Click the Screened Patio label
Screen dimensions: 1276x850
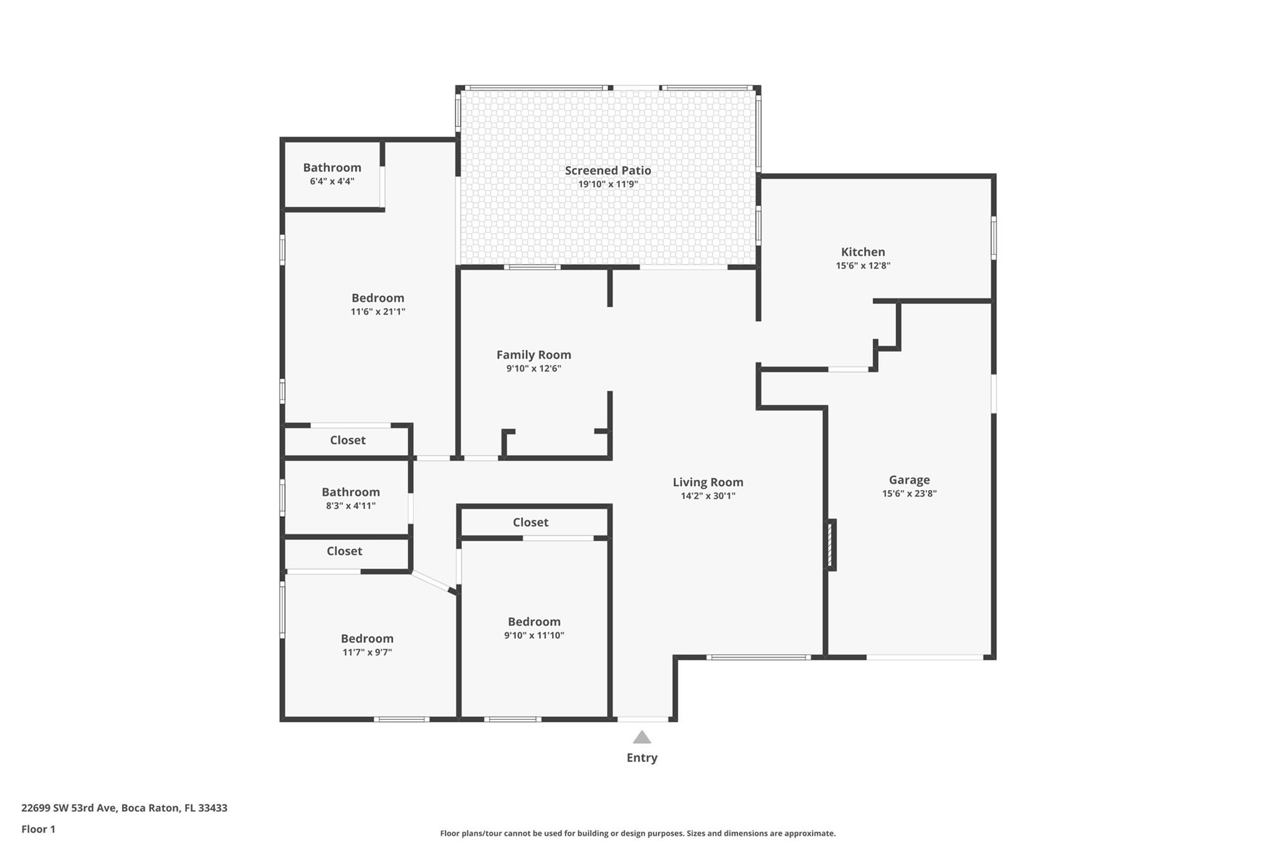pos(608,170)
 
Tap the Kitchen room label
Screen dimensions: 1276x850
pos(863,252)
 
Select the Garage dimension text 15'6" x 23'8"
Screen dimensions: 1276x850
pos(909,493)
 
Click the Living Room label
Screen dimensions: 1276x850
pos(708,482)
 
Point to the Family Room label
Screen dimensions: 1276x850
pos(533,354)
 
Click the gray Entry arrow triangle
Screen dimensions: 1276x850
pos(642,737)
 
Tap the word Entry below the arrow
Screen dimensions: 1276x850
pos(642,757)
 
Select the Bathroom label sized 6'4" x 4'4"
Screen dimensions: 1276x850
pos(332,168)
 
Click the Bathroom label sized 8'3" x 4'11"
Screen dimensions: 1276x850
pos(351,492)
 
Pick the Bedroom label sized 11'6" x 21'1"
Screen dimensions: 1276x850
pos(378,298)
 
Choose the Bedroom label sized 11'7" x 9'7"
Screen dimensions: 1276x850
pos(367,638)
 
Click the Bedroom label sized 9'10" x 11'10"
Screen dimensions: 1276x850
pos(534,621)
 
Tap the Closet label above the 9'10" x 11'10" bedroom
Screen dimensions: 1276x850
pos(530,522)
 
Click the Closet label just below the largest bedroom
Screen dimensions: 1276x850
pos(348,440)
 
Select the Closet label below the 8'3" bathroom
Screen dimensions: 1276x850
pos(345,550)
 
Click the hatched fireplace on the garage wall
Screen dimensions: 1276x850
pos(831,545)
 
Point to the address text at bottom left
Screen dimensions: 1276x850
pos(124,808)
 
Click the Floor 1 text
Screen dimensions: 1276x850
pos(38,829)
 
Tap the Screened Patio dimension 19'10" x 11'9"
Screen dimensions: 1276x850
pos(608,184)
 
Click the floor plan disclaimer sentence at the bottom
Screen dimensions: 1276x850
pos(638,833)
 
